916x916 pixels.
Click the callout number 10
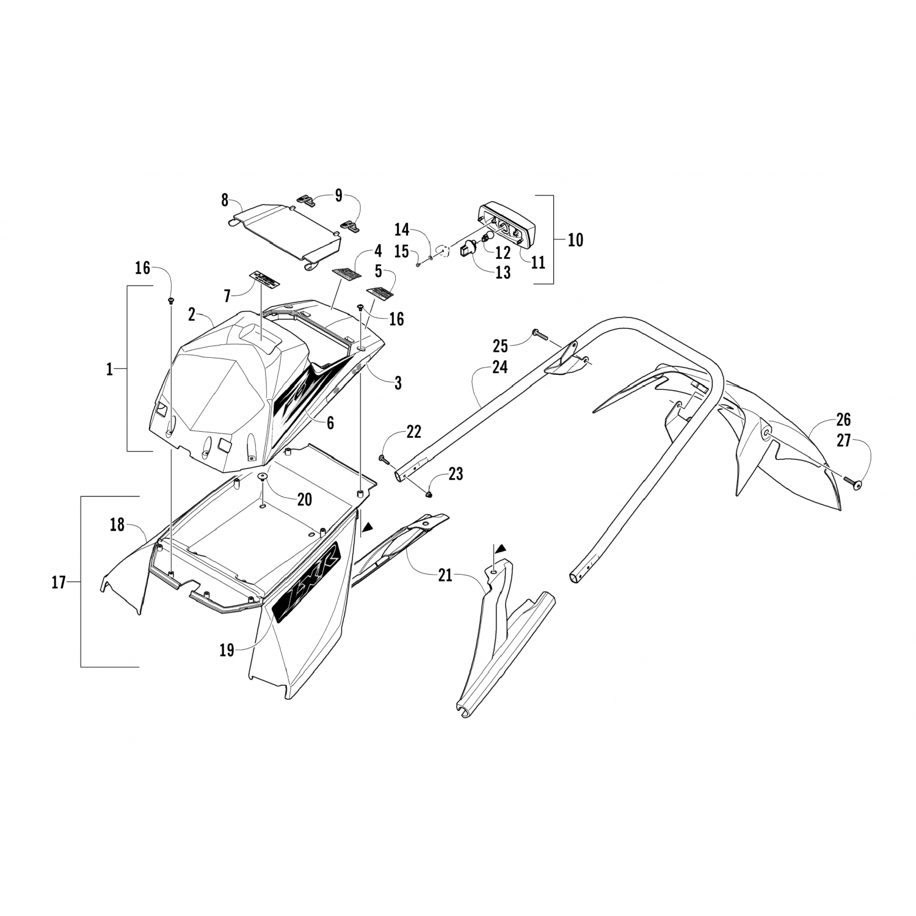pyautogui.click(x=575, y=239)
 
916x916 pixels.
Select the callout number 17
pyautogui.click(x=58, y=583)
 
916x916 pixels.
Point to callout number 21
pyautogui.click(x=445, y=575)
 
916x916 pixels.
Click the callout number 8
pyautogui.click(x=225, y=200)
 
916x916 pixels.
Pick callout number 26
pyautogui.click(x=843, y=420)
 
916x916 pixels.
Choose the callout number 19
pyautogui.click(x=227, y=650)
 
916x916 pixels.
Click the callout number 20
pyautogui.click(x=304, y=500)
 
